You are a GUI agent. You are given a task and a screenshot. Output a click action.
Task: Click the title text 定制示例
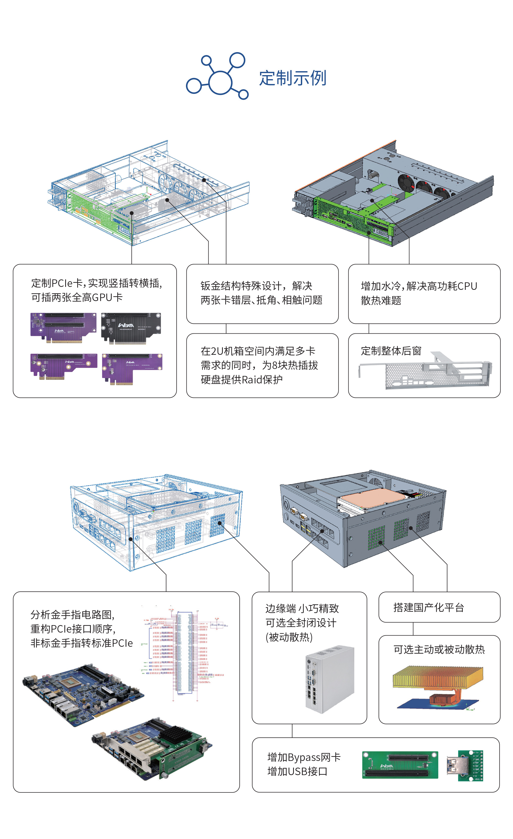click(293, 78)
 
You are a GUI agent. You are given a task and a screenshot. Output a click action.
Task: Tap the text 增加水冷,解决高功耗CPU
click(419, 286)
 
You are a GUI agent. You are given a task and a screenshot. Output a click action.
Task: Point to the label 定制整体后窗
click(391, 351)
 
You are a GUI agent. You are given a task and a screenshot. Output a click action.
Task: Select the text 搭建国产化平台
click(428, 607)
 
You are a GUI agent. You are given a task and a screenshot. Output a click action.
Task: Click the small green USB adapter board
click(469, 766)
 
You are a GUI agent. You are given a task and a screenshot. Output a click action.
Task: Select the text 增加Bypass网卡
click(304, 757)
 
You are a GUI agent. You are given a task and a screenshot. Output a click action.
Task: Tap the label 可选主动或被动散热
click(439, 649)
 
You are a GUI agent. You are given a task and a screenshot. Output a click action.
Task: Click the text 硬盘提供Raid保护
click(242, 379)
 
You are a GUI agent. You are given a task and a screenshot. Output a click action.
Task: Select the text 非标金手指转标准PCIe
click(82, 643)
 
